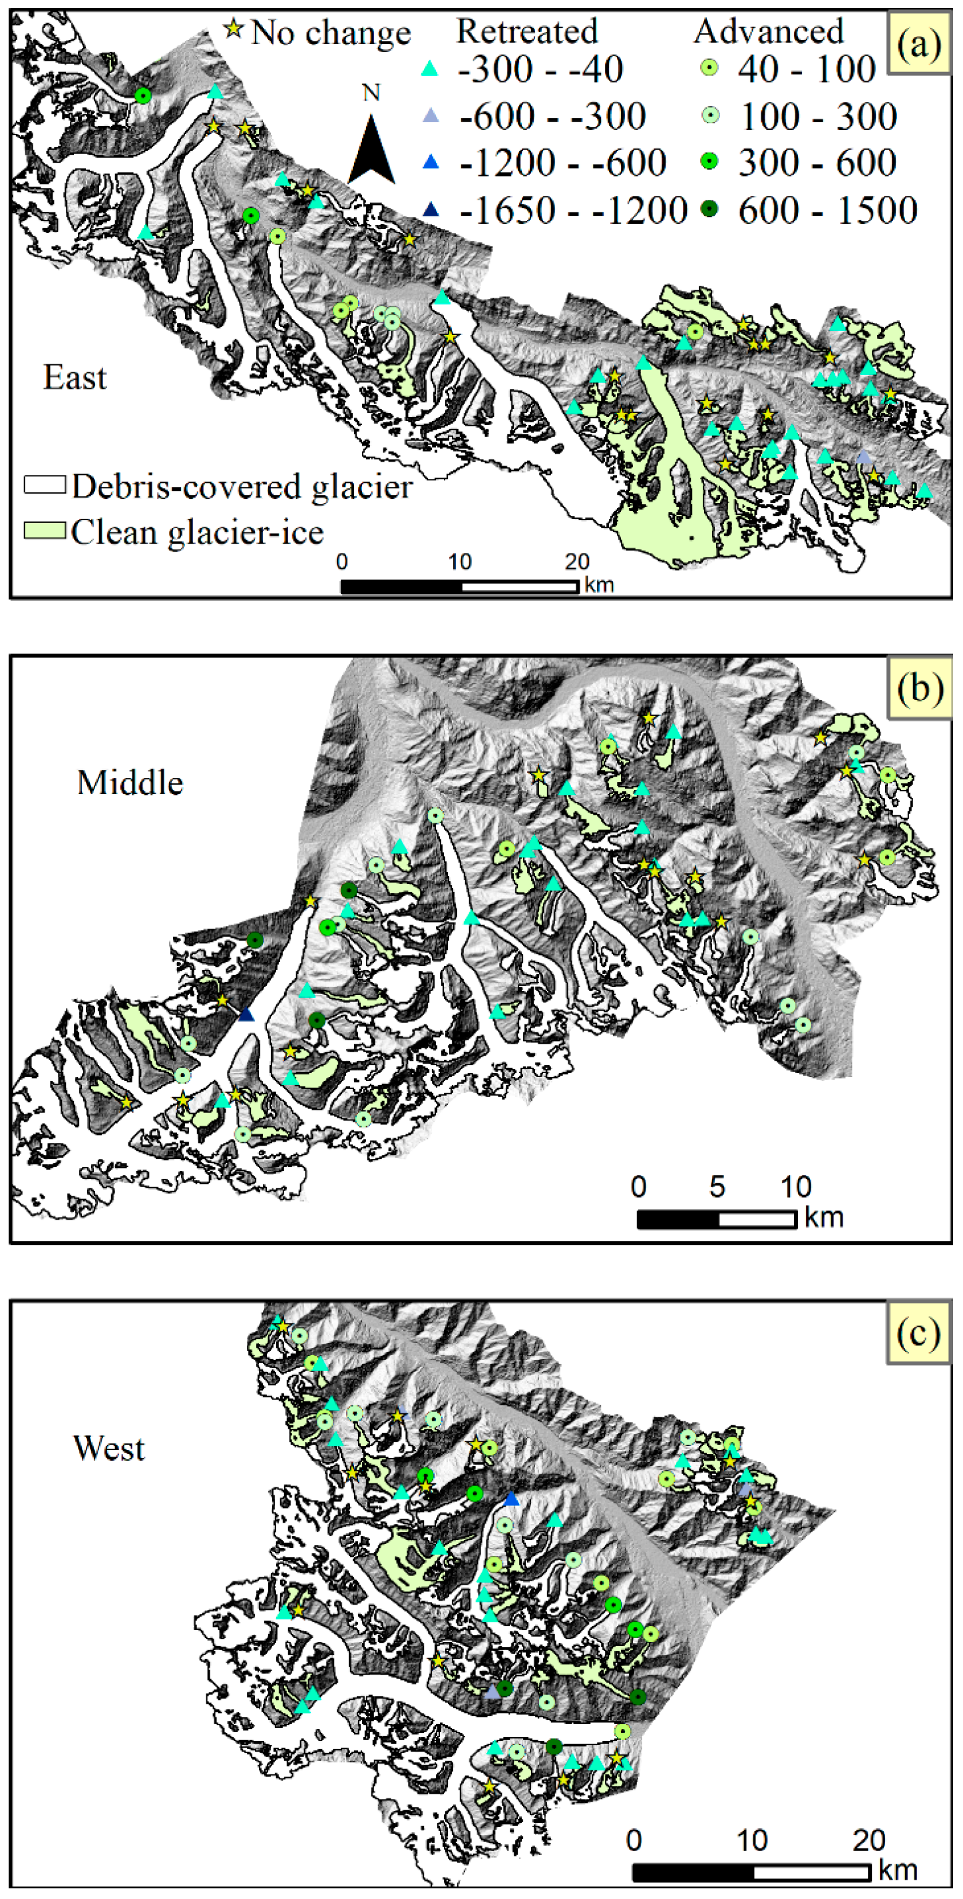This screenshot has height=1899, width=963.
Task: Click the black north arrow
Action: (371, 151)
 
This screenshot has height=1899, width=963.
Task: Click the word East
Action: (75, 378)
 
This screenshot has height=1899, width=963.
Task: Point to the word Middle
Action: (130, 782)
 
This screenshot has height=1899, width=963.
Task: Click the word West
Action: (109, 1448)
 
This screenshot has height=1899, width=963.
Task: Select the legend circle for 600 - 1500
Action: (709, 209)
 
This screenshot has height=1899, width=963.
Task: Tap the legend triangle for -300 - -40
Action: (429, 70)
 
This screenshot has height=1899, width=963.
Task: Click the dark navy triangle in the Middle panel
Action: (246, 1015)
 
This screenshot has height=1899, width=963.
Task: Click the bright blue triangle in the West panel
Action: (511, 1499)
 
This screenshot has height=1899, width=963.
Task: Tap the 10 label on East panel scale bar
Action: (459, 562)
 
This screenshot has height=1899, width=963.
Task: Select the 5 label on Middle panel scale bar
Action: (717, 1186)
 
